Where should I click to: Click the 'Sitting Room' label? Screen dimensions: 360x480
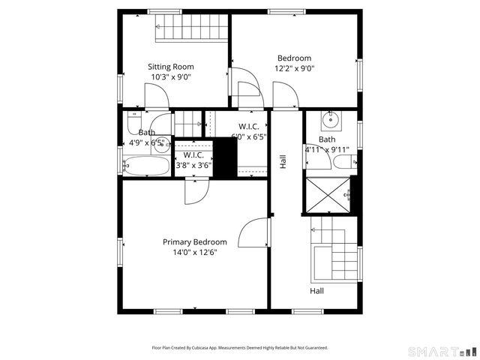171,67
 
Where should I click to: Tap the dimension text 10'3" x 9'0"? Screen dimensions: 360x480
171,76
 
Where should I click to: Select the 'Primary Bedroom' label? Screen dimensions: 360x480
195,242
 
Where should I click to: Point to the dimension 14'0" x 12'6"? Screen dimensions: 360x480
195,253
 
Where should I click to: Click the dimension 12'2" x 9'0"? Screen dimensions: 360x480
294,68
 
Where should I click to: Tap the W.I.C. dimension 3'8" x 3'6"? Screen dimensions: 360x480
193,165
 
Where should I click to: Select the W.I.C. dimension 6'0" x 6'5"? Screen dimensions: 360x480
249,137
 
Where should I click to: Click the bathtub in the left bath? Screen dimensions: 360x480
147,166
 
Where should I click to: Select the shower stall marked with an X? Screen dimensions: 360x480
327,193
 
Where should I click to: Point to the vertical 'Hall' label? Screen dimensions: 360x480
283,161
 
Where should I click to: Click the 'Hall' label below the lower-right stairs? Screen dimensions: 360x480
317,290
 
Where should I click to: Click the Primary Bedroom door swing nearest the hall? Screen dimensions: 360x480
255,233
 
